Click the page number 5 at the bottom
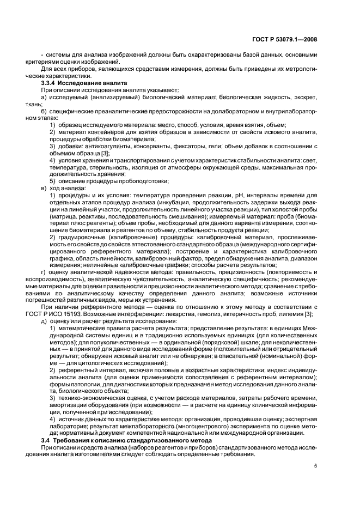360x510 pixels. point(315,465)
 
